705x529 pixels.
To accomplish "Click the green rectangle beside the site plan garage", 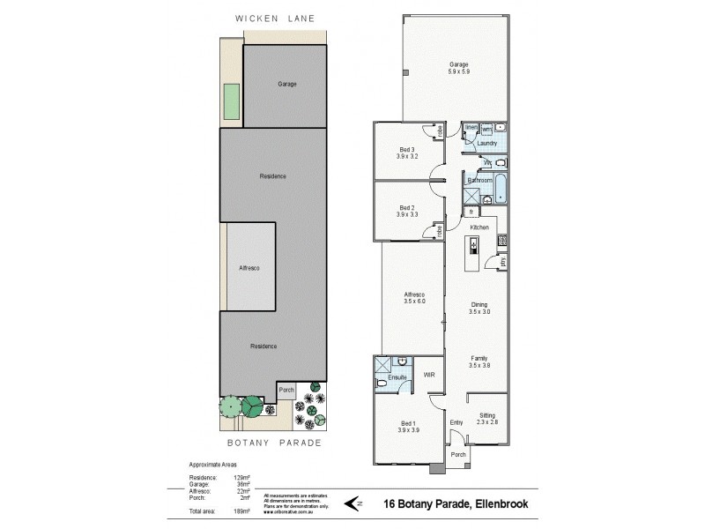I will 232,101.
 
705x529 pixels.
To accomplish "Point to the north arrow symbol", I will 352,504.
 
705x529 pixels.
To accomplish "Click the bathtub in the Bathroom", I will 500,188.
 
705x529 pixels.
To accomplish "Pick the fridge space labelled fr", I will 471,212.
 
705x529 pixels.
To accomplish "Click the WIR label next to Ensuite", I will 429,376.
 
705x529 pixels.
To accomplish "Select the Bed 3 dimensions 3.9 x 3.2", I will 406,156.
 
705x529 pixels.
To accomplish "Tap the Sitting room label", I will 487,415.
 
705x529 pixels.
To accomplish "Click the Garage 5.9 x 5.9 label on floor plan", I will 457,67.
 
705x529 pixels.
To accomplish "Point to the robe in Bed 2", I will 439,230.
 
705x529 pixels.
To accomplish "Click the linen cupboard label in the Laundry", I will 471,129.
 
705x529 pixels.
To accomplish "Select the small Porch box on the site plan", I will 286,390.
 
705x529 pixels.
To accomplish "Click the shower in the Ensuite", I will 382,363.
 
